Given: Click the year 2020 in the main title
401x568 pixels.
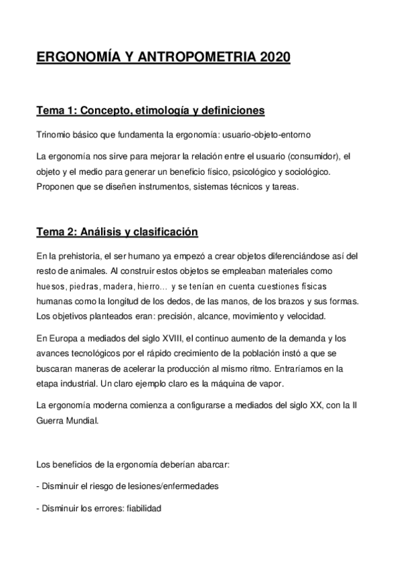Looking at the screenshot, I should [x=272, y=58].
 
